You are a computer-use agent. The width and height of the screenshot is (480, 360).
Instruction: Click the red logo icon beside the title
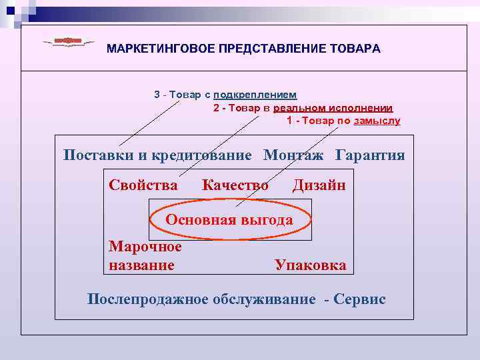[x=68, y=42]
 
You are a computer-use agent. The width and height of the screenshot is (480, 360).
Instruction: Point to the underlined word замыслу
[x=377, y=121]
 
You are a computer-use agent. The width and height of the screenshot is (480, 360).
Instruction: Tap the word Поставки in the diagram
[x=99, y=155]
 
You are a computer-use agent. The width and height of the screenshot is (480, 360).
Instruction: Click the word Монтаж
[x=293, y=155]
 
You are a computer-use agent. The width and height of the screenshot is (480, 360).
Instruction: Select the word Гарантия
[x=370, y=155]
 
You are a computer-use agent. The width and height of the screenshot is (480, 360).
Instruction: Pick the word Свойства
[x=143, y=185]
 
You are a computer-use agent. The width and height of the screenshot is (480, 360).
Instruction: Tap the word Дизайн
[x=319, y=185]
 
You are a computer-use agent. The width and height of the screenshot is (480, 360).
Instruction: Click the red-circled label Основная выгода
[x=229, y=219]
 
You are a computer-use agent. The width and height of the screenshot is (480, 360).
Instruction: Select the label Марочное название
[x=145, y=256]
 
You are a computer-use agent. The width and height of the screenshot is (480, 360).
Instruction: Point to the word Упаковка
[x=311, y=265]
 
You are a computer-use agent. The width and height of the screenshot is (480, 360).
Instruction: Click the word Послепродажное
[x=149, y=299]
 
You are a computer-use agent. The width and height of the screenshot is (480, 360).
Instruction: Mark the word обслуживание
[x=265, y=299]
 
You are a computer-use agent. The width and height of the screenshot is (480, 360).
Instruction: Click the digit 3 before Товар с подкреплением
[x=157, y=95]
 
